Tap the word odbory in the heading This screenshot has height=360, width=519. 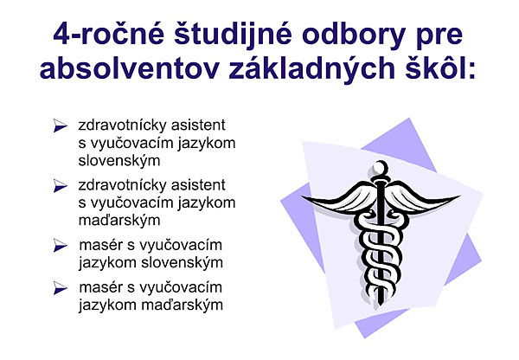[354, 35]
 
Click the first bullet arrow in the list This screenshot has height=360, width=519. [61, 125]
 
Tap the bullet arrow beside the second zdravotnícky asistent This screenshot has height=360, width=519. [61, 186]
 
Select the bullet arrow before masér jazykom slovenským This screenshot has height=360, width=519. [61, 246]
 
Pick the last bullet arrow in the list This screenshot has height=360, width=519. [61, 288]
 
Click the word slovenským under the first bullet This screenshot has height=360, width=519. [119, 161]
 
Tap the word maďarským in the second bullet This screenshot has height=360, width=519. [119, 221]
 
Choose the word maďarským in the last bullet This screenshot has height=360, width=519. [182, 305]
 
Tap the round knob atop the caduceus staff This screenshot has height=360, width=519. [381, 167]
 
